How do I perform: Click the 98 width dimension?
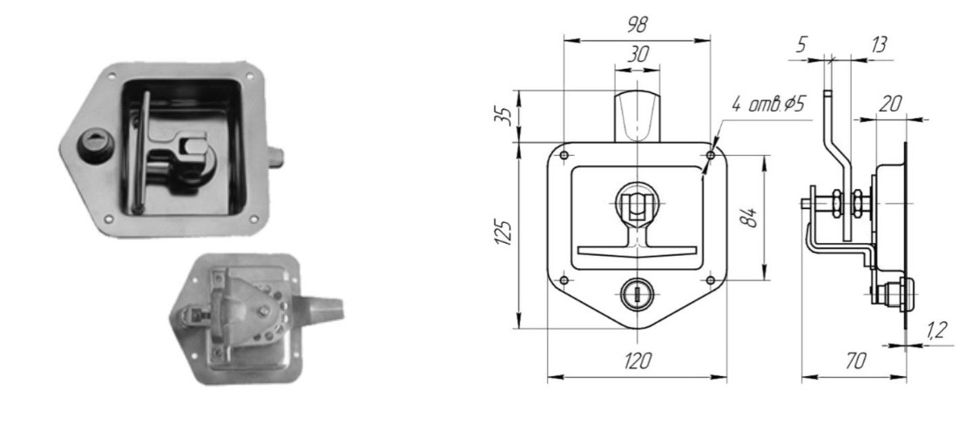[x=637, y=24]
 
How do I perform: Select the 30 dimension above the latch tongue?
[x=638, y=55]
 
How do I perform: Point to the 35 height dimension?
[x=506, y=116]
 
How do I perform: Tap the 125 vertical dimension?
[x=506, y=232]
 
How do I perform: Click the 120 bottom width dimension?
[x=638, y=360]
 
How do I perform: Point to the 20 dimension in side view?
[x=889, y=104]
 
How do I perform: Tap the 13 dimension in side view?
[x=878, y=45]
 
